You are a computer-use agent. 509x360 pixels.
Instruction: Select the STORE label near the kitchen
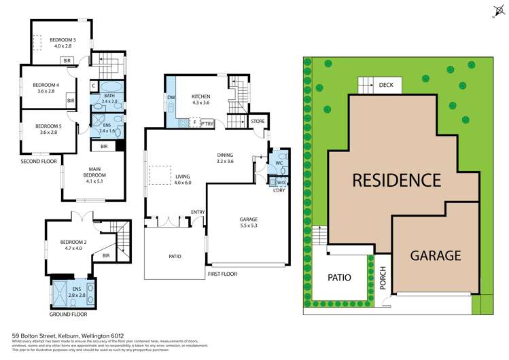[258, 122]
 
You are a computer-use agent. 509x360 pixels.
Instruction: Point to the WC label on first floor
[278, 163]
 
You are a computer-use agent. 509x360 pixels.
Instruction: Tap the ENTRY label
[198, 212]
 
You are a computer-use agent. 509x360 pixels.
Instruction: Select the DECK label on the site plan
[386, 85]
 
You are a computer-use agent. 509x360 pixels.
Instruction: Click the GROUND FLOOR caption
[67, 314]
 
